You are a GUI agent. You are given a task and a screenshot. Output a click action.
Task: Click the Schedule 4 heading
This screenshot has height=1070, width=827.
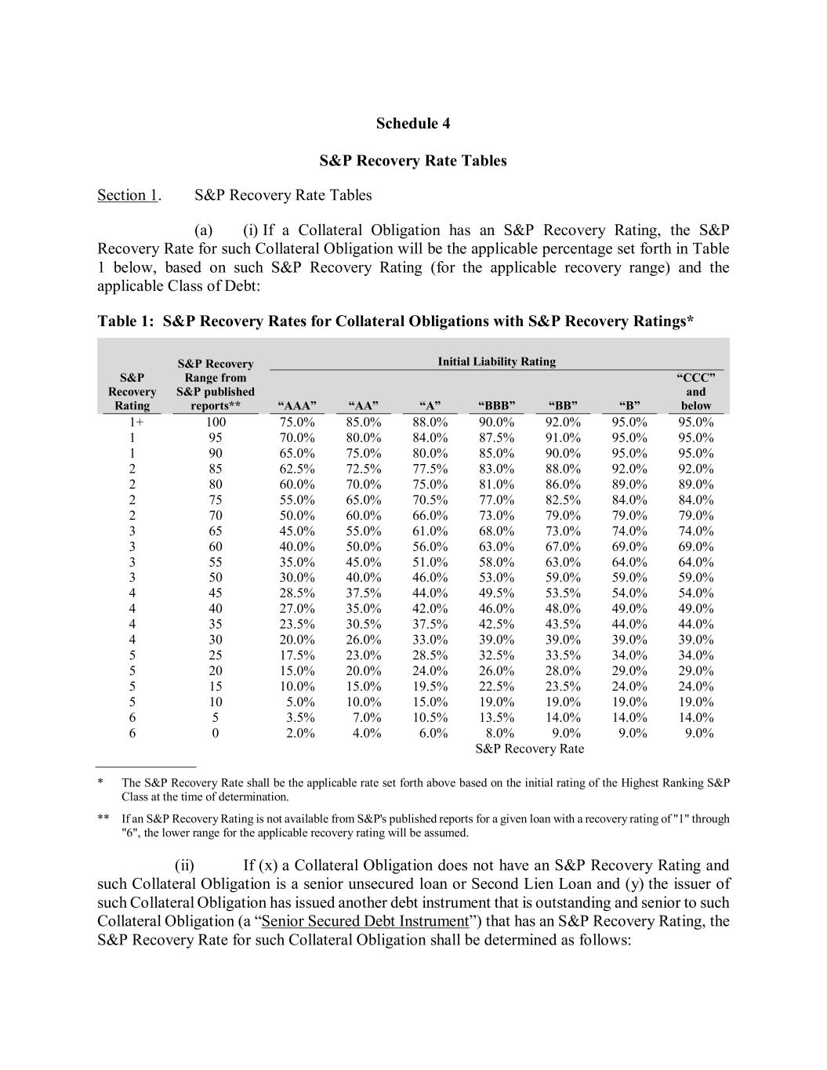(x=413, y=123)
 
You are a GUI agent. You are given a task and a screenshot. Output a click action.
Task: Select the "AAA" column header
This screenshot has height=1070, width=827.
(x=297, y=405)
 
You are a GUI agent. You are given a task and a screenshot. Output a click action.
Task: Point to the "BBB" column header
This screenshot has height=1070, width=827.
(x=496, y=405)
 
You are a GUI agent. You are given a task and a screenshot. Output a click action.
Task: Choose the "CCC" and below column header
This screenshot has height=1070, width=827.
(x=695, y=392)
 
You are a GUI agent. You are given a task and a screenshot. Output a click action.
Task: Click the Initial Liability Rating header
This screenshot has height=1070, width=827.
(x=496, y=361)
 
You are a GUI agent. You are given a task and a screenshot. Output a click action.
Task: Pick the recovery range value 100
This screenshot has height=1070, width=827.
(x=216, y=422)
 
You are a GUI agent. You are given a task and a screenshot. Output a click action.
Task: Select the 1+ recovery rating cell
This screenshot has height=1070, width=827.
(x=132, y=422)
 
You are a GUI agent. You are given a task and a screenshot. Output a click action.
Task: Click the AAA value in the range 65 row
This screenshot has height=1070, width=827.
(x=297, y=531)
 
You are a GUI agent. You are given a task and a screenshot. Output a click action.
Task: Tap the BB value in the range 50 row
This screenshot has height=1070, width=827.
(x=563, y=578)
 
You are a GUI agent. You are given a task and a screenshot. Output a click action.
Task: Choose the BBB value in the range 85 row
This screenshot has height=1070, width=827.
(x=496, y=469)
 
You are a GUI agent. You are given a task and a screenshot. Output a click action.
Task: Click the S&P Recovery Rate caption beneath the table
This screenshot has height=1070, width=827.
(x=530, y=749)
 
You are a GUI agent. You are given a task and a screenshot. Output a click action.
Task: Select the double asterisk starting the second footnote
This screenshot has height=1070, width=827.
(x=103, y=818)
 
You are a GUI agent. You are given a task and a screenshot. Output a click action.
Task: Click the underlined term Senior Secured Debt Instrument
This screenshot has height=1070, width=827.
(x=365, y=921)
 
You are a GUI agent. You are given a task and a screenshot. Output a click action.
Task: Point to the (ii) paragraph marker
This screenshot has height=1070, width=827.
(x=184, y=865)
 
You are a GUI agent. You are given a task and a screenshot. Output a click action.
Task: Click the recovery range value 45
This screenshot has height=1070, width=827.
(x=216, y=593)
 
